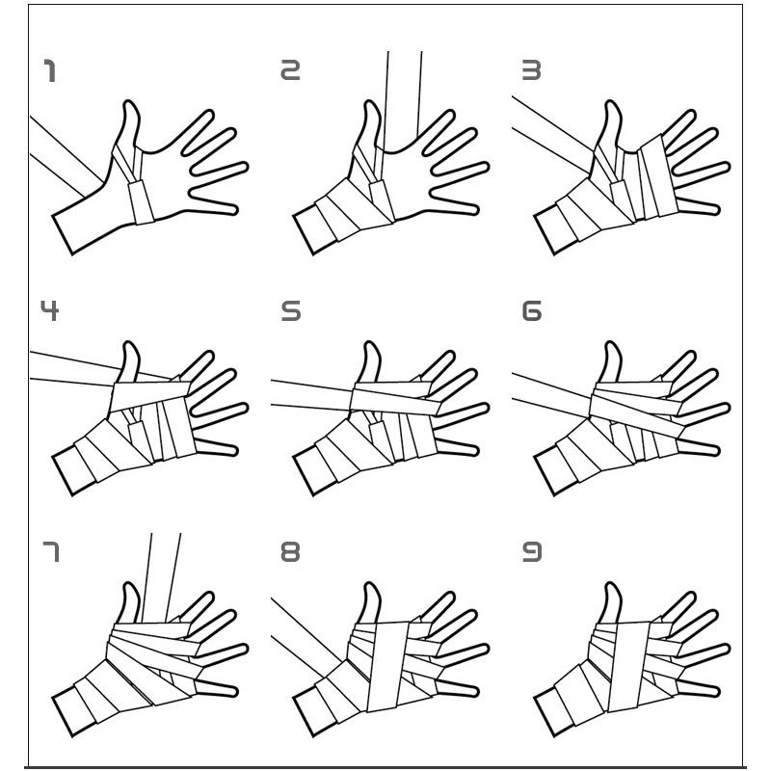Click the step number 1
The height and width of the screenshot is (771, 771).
click(x=50, y=70)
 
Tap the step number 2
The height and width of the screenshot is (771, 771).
click(x=290, y=69)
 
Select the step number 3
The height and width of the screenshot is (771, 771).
click(x=531, y=69)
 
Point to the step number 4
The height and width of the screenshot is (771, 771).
click(x=49, y=310)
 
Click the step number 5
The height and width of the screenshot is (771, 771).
click(x=291, y=310)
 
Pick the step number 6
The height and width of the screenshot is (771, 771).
click(x=532, y=310)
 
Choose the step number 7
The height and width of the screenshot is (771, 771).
click(x=51, y=551)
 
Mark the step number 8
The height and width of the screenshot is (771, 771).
click(x=290, y=551)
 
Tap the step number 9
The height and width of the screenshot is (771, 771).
click(x=532, y=551)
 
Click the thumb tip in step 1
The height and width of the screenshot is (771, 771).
click(x=129, y=103)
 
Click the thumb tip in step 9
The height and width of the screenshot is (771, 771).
click(x=611, y=585)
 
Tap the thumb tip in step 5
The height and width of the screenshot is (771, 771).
click(x=370, y=344)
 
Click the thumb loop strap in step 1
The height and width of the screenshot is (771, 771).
click(x=141, y=201)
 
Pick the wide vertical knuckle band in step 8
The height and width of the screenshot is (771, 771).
click(x=388, y=666)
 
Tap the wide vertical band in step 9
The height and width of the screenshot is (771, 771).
click(x=629, y=666)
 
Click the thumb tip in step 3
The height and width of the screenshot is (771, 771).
click(x=611, y=103)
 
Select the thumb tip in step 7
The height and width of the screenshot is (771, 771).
click(x=129, y=585)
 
